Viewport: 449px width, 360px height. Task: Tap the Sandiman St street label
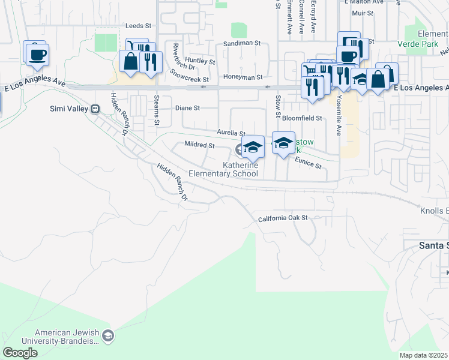point(243,44)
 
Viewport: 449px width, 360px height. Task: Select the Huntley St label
point(200,61)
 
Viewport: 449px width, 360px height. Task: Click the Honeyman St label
point(243,77)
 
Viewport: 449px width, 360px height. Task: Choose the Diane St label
point(187,108)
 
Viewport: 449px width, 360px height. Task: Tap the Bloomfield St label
point(302,118)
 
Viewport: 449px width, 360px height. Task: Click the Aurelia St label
point(231,133)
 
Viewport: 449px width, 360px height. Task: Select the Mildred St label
point(199,145)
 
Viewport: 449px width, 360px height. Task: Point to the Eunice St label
point(309,161)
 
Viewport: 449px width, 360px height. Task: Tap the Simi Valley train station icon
point(94,109)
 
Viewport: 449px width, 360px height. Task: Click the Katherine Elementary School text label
point(223,170)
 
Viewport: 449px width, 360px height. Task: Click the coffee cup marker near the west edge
point(37,55)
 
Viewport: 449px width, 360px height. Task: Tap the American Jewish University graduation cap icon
point(107,335)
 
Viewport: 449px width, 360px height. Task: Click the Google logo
point(20,352)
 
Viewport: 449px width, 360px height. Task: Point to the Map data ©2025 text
point(423,355)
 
